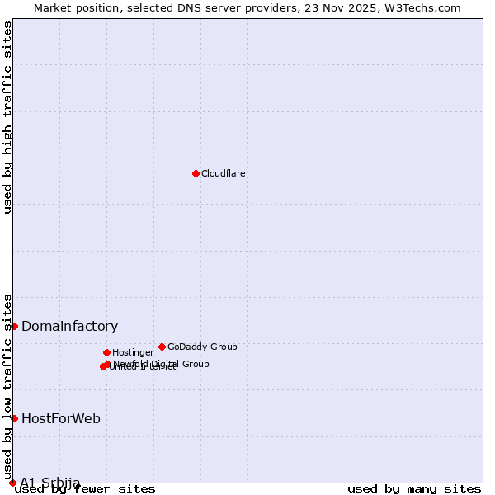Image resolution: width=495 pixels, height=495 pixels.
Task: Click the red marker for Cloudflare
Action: pyautogui.click(x=196, y=173)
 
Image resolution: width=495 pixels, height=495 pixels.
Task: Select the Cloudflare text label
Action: pyautogui.click(x=224, y=173)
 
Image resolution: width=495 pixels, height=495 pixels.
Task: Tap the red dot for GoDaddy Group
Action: pyautogui.click(x=162, y=346)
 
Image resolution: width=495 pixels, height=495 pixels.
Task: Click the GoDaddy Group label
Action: pyautogui.click(x=202, y=346)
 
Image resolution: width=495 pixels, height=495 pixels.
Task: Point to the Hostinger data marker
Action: pyautogui.click(x=106, y=352)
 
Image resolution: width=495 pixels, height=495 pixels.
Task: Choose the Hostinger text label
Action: pyautogui.click(x=133, y=352)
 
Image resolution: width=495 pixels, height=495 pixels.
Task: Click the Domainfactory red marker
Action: pyautogui.click(x=14, y=326)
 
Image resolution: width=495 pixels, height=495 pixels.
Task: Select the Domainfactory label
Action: pyautogui.click(x=69, y=326)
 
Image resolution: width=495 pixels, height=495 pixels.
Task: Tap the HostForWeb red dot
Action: pyautogui.click(x=14, y=418)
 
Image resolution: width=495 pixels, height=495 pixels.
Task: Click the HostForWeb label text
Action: pyautogui.click(x=61, y=418)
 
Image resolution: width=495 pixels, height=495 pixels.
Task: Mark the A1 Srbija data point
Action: pyautogui.click(x=12, y=483)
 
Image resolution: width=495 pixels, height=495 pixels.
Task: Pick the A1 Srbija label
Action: pyautogui.click(x=50, y=483)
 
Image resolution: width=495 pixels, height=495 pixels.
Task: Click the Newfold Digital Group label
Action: pyautogui.click(x=162, y=364)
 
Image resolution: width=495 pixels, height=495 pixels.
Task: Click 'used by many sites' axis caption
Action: pyautogui.click(x=414, y=489)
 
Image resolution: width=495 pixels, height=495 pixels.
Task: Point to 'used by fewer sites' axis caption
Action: pyautogui.click(x=86, y=489)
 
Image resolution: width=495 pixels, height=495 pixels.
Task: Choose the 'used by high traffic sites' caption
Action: pyautogui.click(x=8, y=117)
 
